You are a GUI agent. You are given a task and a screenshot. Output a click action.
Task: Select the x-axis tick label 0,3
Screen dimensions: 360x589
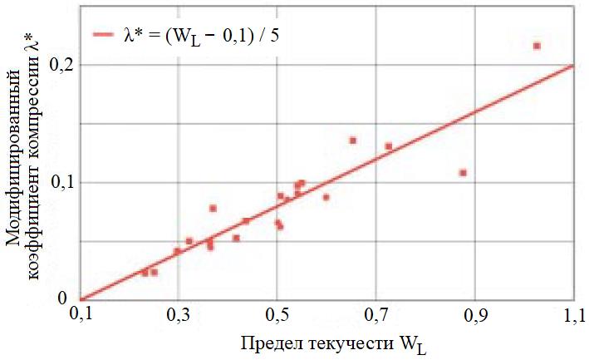click(x=178, y=317)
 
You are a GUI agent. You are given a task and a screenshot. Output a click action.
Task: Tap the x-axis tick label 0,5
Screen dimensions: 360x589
click(x=277, y=317)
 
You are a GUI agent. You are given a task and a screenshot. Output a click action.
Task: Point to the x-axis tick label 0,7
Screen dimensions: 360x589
click(x=375, y=317)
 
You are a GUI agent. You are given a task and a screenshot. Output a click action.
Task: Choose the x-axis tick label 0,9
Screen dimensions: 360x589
click(x=474, y=317)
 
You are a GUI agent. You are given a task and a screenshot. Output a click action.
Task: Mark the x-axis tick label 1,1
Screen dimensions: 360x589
click(x=573, y=317)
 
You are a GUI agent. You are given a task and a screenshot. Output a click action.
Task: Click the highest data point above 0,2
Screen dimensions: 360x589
click(x=537, y=46)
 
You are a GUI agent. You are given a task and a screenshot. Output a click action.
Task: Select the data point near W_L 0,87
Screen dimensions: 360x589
click(x=463, y=173)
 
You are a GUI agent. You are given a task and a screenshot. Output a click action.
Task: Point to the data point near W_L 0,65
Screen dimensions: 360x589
click(x=352, y=141)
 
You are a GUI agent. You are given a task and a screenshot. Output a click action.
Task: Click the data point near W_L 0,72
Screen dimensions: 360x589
click(x=388, y=146)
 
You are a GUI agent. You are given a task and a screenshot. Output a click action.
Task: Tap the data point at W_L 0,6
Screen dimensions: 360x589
click(x=326, y=197)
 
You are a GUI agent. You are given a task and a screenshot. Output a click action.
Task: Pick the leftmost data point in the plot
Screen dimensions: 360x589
click(x=145, y=273)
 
